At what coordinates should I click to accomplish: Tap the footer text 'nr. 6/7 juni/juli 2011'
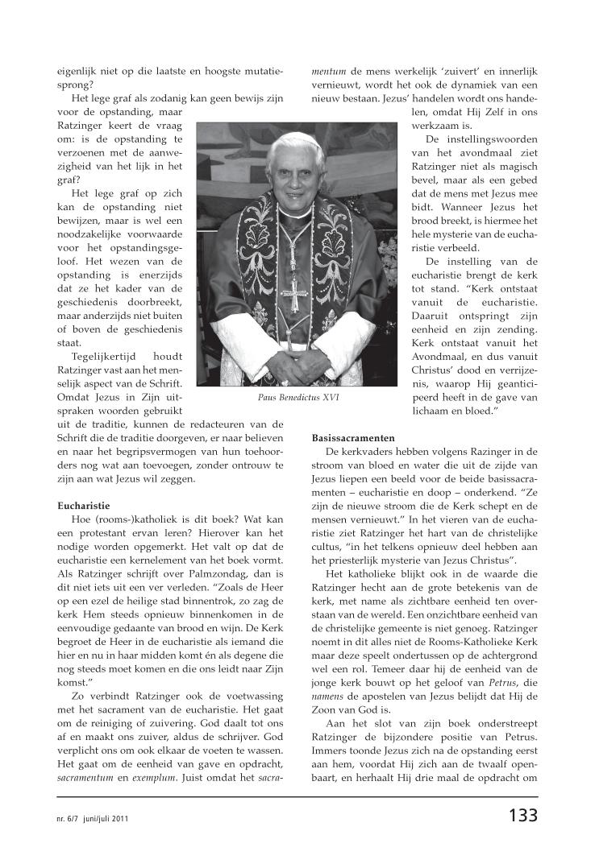[87, 817]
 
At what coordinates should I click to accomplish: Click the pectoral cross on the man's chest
[300, 293]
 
